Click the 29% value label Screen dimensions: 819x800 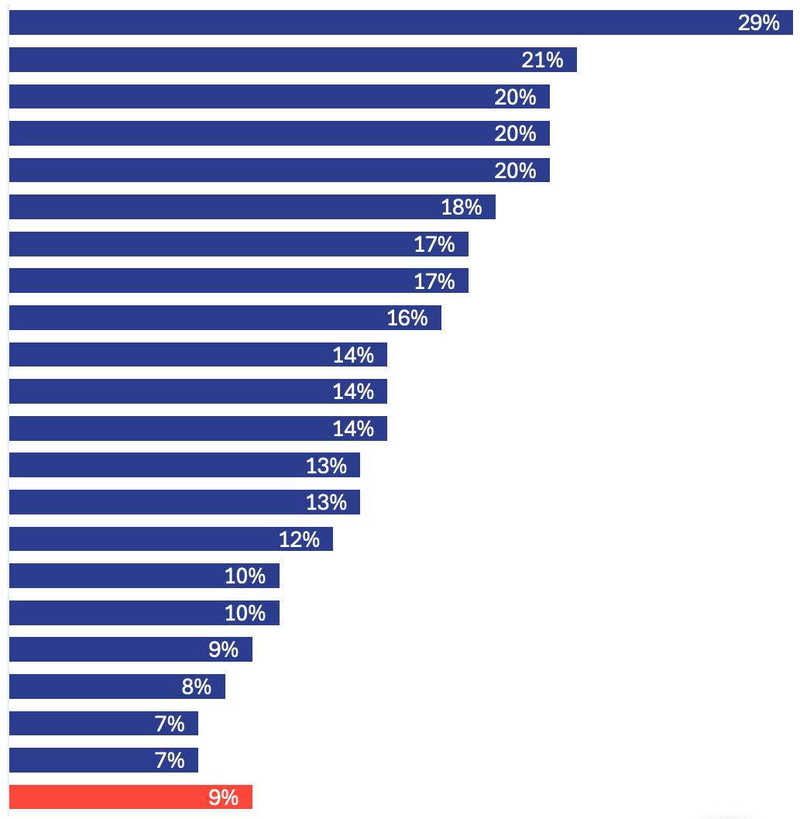pyautogui.click(x=758, y=22)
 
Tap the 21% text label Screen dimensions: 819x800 pyautogui.click(x=542, y=60)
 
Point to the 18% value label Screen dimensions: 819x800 pyautogui.click(x=462, y=207)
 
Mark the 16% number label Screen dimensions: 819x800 pyautogui.click(x=407, y=318)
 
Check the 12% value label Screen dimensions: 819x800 pyautogui.click(x=299, y=539)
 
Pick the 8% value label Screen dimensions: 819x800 pyautogui.click(x=197, y=687)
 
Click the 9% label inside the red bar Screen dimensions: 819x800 pyautogui.click(x=224, y=797)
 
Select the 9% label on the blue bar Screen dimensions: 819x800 pyautogui.click(x=224, y=649)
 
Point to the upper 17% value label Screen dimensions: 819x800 pyautogui.click(x=434, y=244)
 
